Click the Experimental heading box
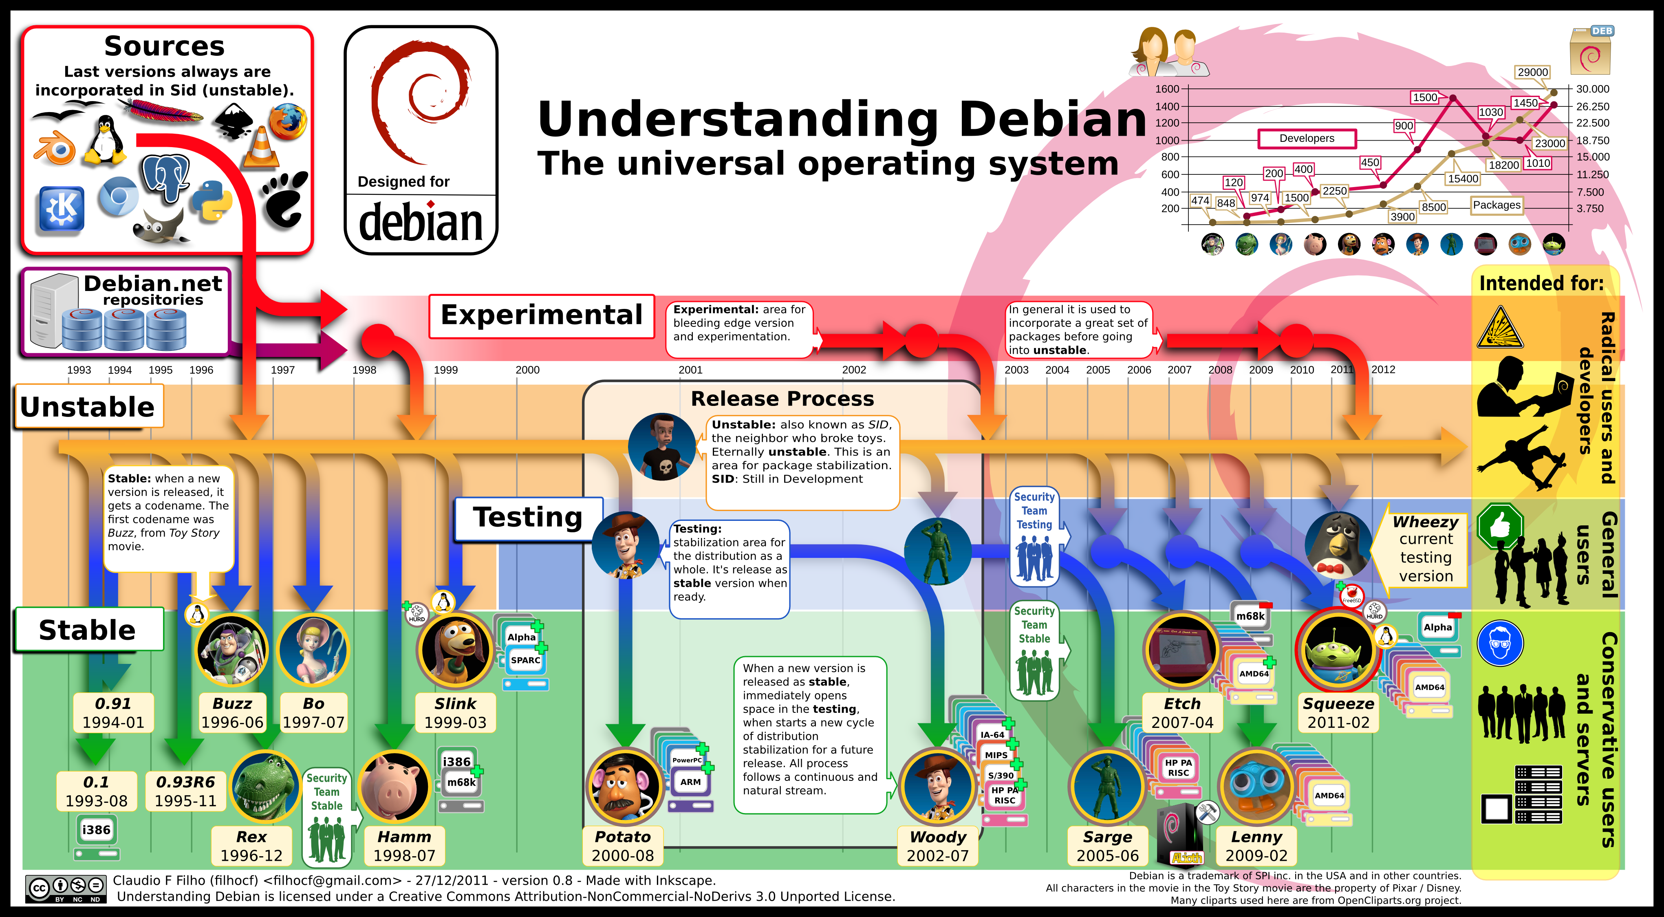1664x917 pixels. [x=541, y=316]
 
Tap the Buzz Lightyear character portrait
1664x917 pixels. [x=231, y=650]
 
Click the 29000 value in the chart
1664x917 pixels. [x=1532, y=72]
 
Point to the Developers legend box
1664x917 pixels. [x=1306, y=138]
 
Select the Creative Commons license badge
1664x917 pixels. [x=65, y=888]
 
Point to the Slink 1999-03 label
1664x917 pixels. [x=455, y=713]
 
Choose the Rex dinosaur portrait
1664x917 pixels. [x=265, y=787]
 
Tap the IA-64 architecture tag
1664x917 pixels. [x=992, y=735]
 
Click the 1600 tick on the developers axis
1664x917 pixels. [x=1167, y=89]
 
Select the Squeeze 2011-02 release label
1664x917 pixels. [x=1338, y=713]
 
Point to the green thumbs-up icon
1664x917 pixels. [x=1500, y=526]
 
